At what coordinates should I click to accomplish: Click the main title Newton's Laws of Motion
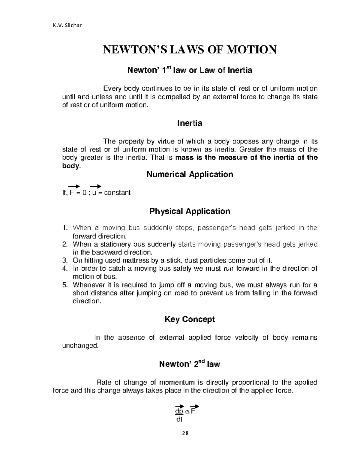click(x=189, y=50)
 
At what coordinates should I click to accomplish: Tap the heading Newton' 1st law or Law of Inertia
click(x=190, y=71)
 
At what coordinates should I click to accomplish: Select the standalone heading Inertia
click(x=190, y=123)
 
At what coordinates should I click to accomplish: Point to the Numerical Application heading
click(x=190, y=174)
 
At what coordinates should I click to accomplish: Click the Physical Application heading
click(x=190, y=211)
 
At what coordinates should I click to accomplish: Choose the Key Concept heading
click(x=190, y=319)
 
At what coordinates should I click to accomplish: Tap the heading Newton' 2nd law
click(x=190, y=364)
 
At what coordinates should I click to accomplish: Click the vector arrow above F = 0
click(x=74, y=186)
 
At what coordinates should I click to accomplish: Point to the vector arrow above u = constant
click(x=95, y=186)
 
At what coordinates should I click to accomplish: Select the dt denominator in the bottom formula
click(x=179, y=419)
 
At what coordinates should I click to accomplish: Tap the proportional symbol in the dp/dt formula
click(x=187, y=411)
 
